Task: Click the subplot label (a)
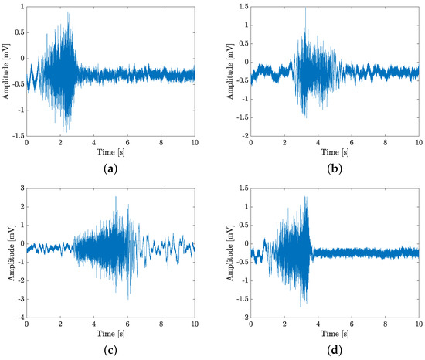point(110,163)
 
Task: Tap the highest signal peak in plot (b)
point(305,8)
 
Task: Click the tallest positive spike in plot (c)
point(115,197)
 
